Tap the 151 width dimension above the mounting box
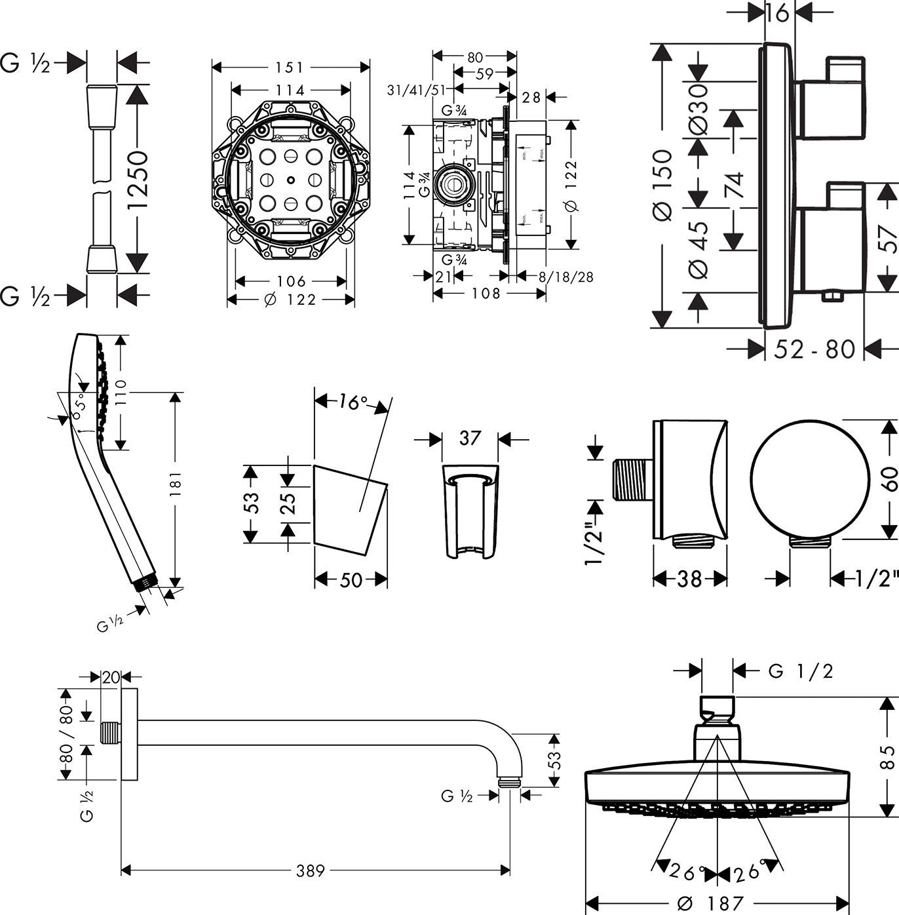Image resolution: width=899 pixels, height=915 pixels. [290, 67]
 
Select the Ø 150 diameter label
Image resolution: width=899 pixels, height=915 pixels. [663, 185]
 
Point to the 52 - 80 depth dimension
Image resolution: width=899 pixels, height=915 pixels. [814, 349]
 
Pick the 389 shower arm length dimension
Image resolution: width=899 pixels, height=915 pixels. [311, 870]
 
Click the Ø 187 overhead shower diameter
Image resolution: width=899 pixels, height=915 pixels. [710, 903]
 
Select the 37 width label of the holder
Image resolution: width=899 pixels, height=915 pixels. [470, 438]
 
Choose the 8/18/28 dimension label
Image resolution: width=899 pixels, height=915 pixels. [565, 277]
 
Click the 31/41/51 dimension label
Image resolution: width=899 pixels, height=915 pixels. [416, 90]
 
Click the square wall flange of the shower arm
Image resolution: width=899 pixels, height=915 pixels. [130, 734]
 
